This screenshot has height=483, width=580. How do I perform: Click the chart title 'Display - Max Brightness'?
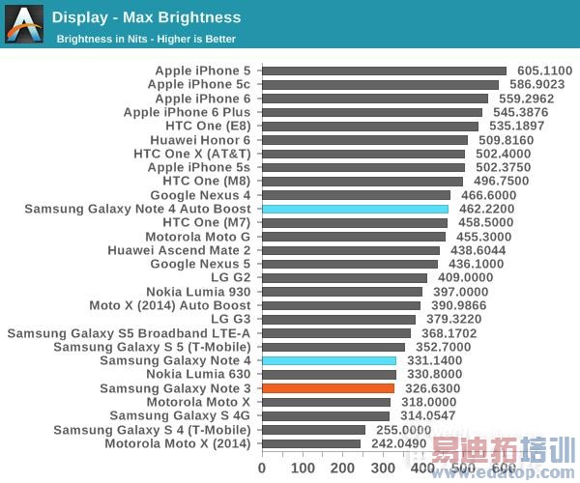[x=146, y=17]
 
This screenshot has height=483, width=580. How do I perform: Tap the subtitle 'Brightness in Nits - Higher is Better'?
[x=146, y=40]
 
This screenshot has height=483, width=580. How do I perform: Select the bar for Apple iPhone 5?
[x=384, y=71]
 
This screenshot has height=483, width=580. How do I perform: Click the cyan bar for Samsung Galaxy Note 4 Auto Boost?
[x=355, y=209]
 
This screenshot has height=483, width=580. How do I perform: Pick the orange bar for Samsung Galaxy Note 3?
[x=328, y=388]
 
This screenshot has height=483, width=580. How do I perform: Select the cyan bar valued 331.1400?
[x=329, y=360]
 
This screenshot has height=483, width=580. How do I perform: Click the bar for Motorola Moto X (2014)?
[x=310, y=443]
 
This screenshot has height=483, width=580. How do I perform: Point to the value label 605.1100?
[x=544, y=71]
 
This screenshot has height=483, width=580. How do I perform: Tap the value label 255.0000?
[x=403, y=430]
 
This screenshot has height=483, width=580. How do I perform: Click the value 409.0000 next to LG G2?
[x=465, y=277]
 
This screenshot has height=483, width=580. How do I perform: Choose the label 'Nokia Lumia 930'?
[x=198, y=292]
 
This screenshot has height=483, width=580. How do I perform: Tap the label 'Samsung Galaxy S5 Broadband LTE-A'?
[x=130, y=333]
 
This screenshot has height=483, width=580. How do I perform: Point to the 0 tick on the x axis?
[x=262, y=468]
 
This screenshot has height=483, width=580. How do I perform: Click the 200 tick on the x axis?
[x=342, y=468]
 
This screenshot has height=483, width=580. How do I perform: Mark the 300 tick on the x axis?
[x=383, y=468]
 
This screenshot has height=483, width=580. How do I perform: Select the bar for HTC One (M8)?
[x=362, y=181]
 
